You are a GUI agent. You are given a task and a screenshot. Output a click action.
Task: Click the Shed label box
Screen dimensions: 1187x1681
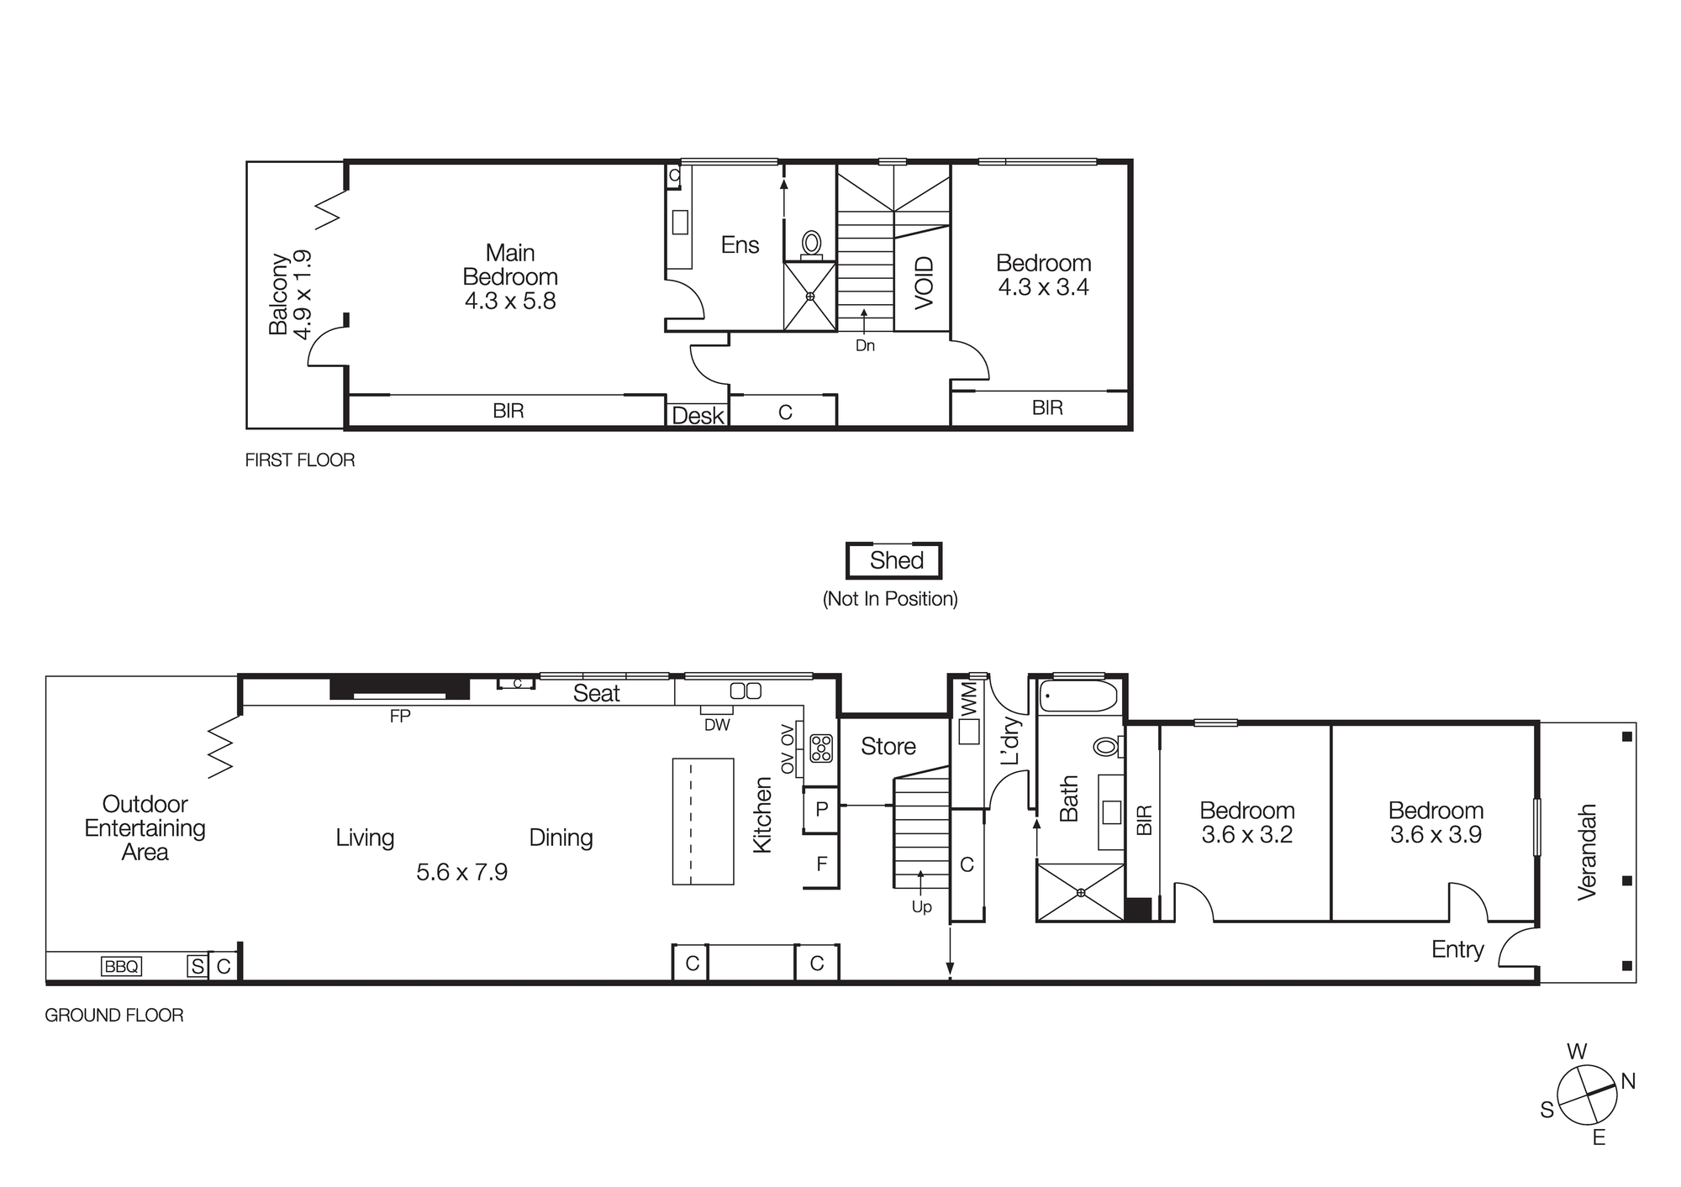pos(894,560)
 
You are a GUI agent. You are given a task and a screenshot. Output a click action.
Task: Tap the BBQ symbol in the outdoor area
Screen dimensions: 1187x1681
pos(121,966)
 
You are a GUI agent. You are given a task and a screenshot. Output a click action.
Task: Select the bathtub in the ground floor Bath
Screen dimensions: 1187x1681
pos(1078,696)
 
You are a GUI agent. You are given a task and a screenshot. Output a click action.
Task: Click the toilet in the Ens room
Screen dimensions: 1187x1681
pos(811,244)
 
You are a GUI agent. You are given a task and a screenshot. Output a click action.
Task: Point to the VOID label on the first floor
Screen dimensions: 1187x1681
pos(923,282)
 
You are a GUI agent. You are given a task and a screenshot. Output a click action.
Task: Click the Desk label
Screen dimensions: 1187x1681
pos(698,415)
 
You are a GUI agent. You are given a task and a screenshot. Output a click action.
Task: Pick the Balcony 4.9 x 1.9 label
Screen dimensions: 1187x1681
pos(290,294)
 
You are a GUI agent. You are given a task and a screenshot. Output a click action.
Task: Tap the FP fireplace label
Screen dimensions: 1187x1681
pos(400,716)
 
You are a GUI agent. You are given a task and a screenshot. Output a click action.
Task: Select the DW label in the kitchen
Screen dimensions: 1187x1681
pos(717,724)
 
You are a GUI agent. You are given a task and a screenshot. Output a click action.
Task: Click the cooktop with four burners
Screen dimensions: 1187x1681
pos(821,748)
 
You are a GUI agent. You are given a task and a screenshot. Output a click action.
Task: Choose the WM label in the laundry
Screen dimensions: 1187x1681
pos(968,697)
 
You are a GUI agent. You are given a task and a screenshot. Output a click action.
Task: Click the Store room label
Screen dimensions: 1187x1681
pos(888,746)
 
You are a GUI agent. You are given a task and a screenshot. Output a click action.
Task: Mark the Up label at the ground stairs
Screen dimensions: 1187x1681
pos(921,907)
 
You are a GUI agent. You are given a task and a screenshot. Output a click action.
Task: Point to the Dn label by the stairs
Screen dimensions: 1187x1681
pos(865,345)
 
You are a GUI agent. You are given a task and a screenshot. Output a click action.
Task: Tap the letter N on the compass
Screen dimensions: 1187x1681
pos(1628,1081)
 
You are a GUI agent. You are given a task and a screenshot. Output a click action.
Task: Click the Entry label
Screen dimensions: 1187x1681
pos(1457,949)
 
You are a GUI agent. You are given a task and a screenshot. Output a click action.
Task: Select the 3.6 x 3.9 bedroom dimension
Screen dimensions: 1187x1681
pos(1436,834)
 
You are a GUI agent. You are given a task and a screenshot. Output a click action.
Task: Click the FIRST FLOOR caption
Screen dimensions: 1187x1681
pos(300,460)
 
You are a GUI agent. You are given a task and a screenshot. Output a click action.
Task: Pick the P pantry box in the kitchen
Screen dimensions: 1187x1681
pos(822,809)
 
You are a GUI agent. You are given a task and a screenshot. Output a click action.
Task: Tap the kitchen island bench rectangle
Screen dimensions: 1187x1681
pos(703,821)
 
